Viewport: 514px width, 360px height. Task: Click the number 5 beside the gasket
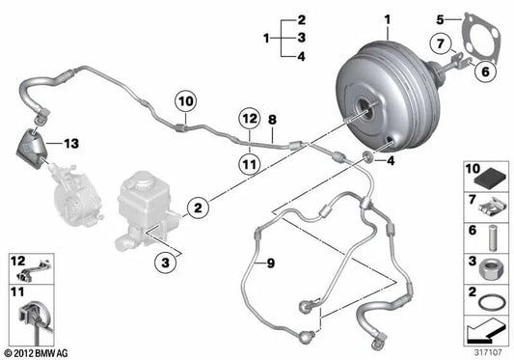point(440,19)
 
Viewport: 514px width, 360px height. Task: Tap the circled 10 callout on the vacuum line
point(186,101)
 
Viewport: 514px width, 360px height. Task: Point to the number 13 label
point(71,144)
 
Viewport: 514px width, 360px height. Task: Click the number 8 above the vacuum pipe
point(272,120)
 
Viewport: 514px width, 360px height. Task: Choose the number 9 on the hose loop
point(271,263)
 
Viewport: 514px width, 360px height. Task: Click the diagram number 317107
point(488,353)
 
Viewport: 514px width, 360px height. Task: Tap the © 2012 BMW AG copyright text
point(37,353)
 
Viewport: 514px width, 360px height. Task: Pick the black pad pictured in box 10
point(490,179)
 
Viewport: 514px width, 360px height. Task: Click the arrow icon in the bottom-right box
point(485,332)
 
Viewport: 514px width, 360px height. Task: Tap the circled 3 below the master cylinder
point(166,263)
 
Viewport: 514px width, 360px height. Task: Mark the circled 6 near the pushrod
point(485,71)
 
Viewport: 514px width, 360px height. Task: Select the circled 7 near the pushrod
point(441,43)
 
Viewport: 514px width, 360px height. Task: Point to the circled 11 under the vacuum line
point(250,163)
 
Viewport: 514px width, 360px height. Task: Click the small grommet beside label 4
point(367,156)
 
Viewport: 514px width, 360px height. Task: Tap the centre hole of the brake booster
point(364,107)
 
